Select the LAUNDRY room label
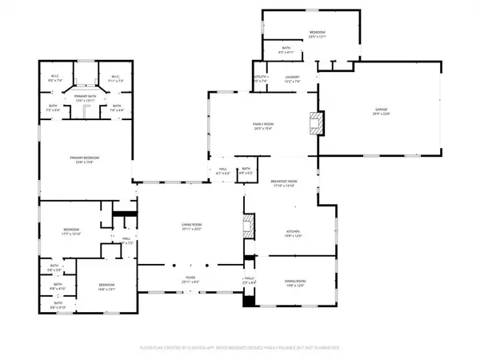tap(293, 78)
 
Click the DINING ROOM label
tap(296, 281)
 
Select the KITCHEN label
tap(293, 232)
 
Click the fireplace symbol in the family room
tap(318, 123)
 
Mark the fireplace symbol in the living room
tap(248, 225)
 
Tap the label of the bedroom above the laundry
tap(318, 32)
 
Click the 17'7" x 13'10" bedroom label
tap(72, 233)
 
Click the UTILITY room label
tap(261, 78)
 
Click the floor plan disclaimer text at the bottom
tap(240, 348)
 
